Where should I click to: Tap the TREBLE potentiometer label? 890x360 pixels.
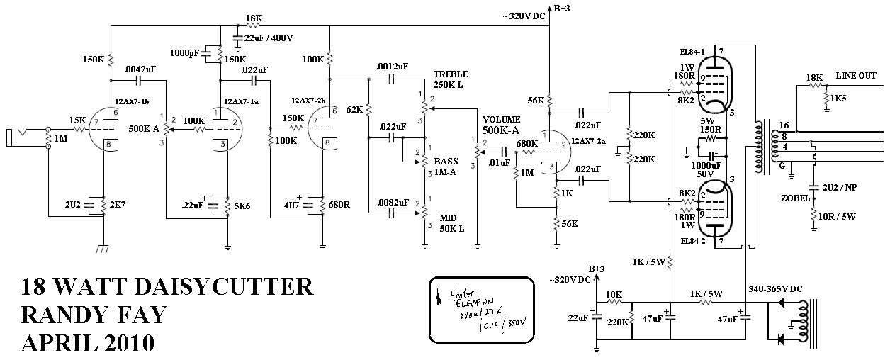(451, 74)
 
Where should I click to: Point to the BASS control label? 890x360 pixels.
(446, 162)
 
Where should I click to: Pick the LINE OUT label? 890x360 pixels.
(857, 75)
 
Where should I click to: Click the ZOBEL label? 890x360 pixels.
(796, 198)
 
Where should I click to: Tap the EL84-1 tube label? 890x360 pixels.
(692, 52)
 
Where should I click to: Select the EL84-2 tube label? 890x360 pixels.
(691, 242)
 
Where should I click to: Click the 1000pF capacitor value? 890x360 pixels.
(184, 52)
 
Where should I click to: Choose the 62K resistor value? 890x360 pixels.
(354, 109)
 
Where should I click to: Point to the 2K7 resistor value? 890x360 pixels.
(117, 205)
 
